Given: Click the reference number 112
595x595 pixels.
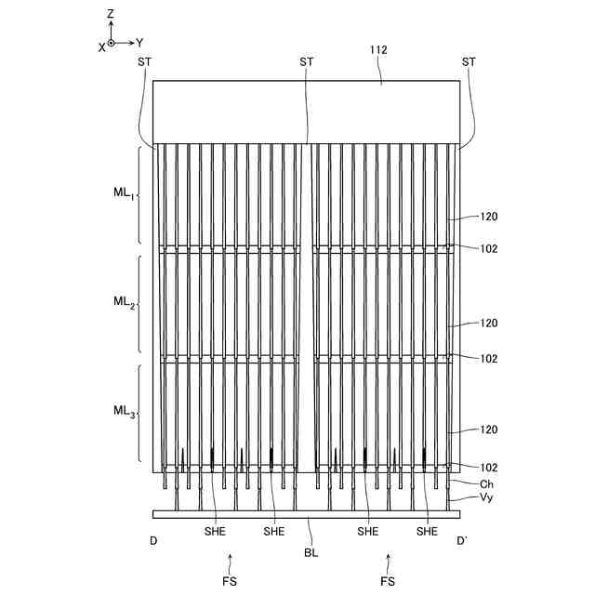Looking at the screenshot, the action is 378,51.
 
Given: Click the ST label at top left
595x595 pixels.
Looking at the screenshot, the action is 144,61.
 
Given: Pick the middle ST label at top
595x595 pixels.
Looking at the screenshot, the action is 307,61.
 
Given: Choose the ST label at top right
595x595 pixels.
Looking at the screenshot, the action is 469,61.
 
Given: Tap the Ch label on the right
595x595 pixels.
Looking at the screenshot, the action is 486,484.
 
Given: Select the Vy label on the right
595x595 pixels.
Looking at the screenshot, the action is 486,499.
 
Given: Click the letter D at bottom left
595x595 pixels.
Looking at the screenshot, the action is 153,540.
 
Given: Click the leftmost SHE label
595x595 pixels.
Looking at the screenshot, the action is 215,532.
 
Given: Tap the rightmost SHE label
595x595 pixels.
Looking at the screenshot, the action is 427,532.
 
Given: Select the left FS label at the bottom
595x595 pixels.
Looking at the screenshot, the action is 231,582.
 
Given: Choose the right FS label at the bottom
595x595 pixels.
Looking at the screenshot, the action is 389,582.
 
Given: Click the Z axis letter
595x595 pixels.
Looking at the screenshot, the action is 110,14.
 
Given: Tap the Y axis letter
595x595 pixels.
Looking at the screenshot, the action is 139,43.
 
